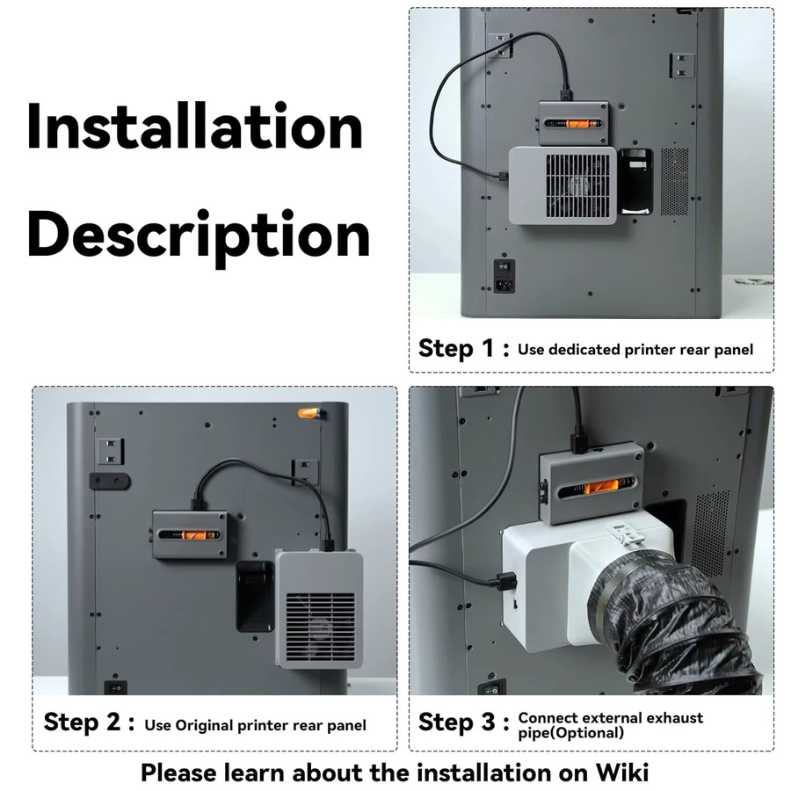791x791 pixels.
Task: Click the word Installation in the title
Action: [x=195, y=126]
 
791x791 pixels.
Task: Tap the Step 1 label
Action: [x=463, y=349]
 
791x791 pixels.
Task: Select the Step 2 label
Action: [x=89, y=722]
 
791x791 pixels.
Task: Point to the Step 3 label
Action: [x=463, y=722]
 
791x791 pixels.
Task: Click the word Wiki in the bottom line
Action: [x=621, y=773]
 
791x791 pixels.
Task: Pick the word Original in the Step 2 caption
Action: [x=204, y=725]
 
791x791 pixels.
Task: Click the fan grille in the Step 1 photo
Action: [x=577, y=185]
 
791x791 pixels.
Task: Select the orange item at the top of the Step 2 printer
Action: [x=310, y=413]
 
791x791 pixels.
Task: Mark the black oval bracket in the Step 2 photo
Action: [x=110, y=482]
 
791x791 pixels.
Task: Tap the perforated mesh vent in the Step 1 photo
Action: [x=674, y=182]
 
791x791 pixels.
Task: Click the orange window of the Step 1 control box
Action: [x=574, y=123]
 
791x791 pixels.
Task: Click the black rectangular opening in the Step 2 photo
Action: [x=255, y=596]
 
